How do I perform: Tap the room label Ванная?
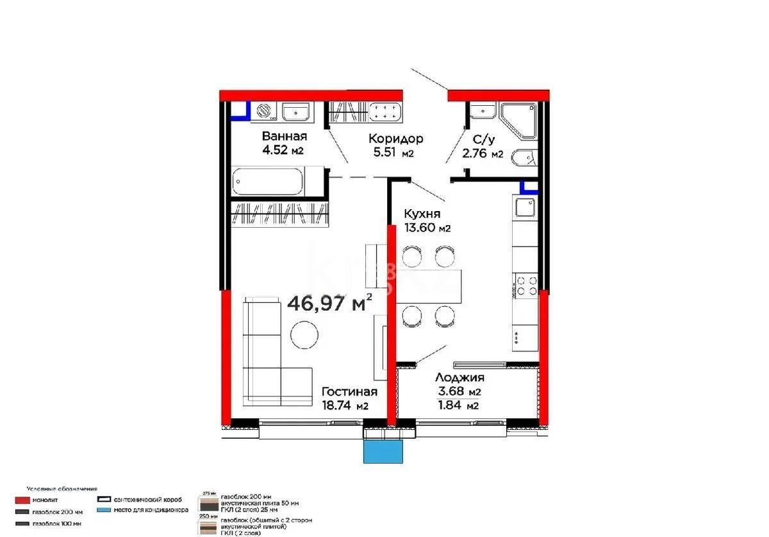click(x=284, y=137)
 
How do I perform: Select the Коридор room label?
click(x=395, y=139)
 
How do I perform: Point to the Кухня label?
click(x=421, y=214)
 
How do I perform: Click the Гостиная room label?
click(x=349, y=391)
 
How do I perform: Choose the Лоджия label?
click(x=459, y=378)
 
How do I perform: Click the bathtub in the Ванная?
click(x=269, y=182)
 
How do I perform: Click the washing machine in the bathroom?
click(x=264, y=112)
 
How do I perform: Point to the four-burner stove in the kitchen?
click(x=525, y=285)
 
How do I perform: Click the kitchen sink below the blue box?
click(x=525, y=207)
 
